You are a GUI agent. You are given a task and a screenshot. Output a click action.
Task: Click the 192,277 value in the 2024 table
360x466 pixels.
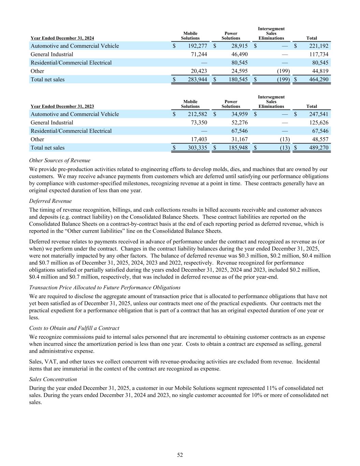coord(198,46)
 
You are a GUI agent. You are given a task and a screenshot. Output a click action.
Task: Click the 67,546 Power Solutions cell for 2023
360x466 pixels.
coord(239,131)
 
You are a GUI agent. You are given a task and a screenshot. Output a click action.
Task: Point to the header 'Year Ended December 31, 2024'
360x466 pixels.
coord(62,38)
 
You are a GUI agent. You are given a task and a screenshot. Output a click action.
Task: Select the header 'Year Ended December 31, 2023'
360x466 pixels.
coord(62,107)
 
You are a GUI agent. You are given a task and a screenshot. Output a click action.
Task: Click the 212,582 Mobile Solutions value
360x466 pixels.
coord(198,114)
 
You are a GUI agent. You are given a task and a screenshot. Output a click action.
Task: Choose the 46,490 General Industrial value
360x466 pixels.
coord(239,54)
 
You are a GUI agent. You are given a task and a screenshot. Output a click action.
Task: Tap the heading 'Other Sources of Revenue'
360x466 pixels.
coord(60,160)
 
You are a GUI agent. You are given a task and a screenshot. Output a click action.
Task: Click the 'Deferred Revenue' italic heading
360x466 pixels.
coord(51,201)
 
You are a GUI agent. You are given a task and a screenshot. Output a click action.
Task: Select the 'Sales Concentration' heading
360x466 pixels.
coord(53,379)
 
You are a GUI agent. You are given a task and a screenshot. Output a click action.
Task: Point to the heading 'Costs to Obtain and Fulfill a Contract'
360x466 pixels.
coord(74,328)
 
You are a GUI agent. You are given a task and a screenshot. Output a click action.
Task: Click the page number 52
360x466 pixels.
coord(180,455)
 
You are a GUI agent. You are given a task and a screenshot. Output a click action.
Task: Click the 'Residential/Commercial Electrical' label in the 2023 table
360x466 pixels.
coord(71,131)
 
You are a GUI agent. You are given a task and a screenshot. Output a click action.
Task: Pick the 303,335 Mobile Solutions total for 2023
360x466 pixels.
coord(198,148)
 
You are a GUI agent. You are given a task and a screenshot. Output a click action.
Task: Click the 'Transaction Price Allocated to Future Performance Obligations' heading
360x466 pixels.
coord(105,287)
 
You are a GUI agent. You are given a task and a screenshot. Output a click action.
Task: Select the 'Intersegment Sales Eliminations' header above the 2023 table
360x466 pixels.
coord(271,102)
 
